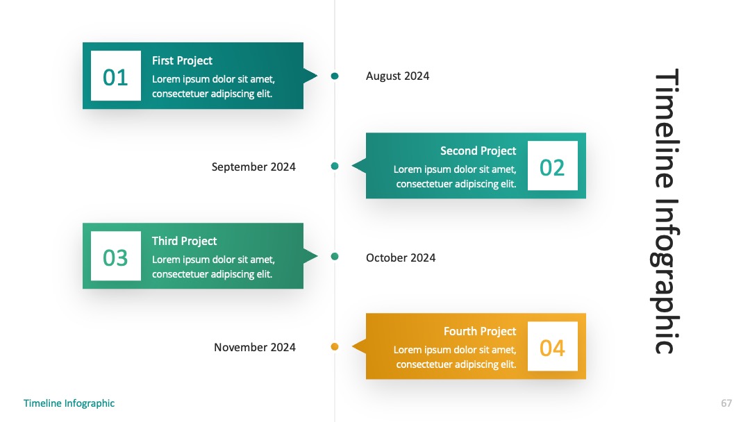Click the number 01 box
coord(116,76)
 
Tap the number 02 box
coord(553,165)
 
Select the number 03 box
coord(116,256)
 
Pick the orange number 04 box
coord(553,346)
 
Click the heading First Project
coord(182,60)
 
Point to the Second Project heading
coord(478,151)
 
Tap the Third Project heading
coord(184,242)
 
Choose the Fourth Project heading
coord(480,331)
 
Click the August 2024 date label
coord(397,76)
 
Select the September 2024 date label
coord(253,167)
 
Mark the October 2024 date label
coord(401,258)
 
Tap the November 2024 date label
coord(254,348)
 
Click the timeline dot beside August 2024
coord(335,76)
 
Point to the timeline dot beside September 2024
coord(335,166)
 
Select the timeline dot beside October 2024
coord(335,257)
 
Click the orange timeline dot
coord(335,346)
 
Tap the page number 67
coord(726,403)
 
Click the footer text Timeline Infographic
coord(69,403)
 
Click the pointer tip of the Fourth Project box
coord(352,346)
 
